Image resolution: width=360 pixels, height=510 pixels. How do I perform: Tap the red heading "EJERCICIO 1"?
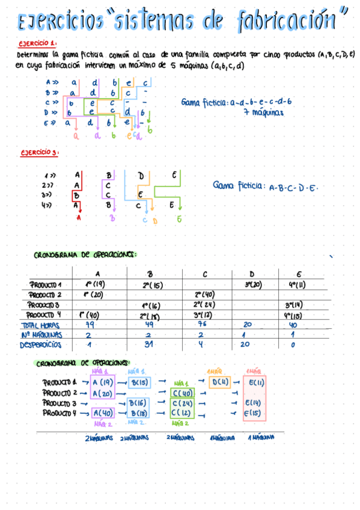point(38,44)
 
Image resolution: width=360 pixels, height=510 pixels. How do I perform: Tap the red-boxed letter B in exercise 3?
point(76,195)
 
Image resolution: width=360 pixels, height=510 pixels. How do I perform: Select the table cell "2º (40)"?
point(205,295)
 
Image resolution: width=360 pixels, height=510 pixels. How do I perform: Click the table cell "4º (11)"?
point(296,284)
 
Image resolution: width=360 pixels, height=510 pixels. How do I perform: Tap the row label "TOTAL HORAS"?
point(47,325)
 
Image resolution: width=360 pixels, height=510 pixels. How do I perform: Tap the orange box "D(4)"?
point(220,382)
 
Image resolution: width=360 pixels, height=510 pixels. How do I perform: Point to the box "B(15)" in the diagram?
point(139,382)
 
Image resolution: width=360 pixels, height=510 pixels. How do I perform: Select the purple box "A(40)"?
point(104,413)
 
